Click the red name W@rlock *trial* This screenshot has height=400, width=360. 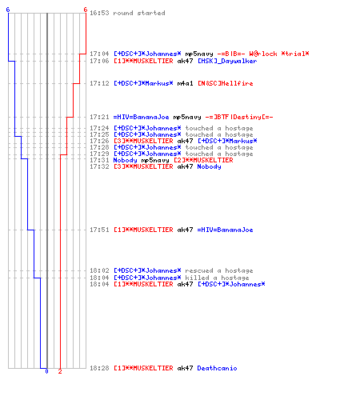(279, 54)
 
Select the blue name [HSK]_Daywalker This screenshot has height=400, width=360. (227, 61)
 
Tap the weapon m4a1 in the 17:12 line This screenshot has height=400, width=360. (185, 83)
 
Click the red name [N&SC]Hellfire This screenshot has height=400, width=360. (226, 83)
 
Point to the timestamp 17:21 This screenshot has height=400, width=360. (99, 117)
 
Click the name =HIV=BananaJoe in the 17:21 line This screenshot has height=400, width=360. (141, 117)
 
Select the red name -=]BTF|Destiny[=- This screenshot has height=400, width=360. (239, 117)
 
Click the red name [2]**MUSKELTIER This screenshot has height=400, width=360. (203, 160)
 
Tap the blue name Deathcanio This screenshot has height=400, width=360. (217, 368)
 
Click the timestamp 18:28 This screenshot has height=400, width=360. (99, 368)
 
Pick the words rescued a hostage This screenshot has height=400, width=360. (219, 270)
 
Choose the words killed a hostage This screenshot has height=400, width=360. (217, 278)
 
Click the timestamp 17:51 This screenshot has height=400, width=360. (99, 230)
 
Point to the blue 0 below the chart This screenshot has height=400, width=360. (46, 371)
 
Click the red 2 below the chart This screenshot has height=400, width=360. (60, 371)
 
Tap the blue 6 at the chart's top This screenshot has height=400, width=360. (8, 10)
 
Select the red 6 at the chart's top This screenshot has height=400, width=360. (86, 10)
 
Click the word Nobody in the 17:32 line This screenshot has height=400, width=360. (209, 166)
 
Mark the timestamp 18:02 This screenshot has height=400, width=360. (99, 270)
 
